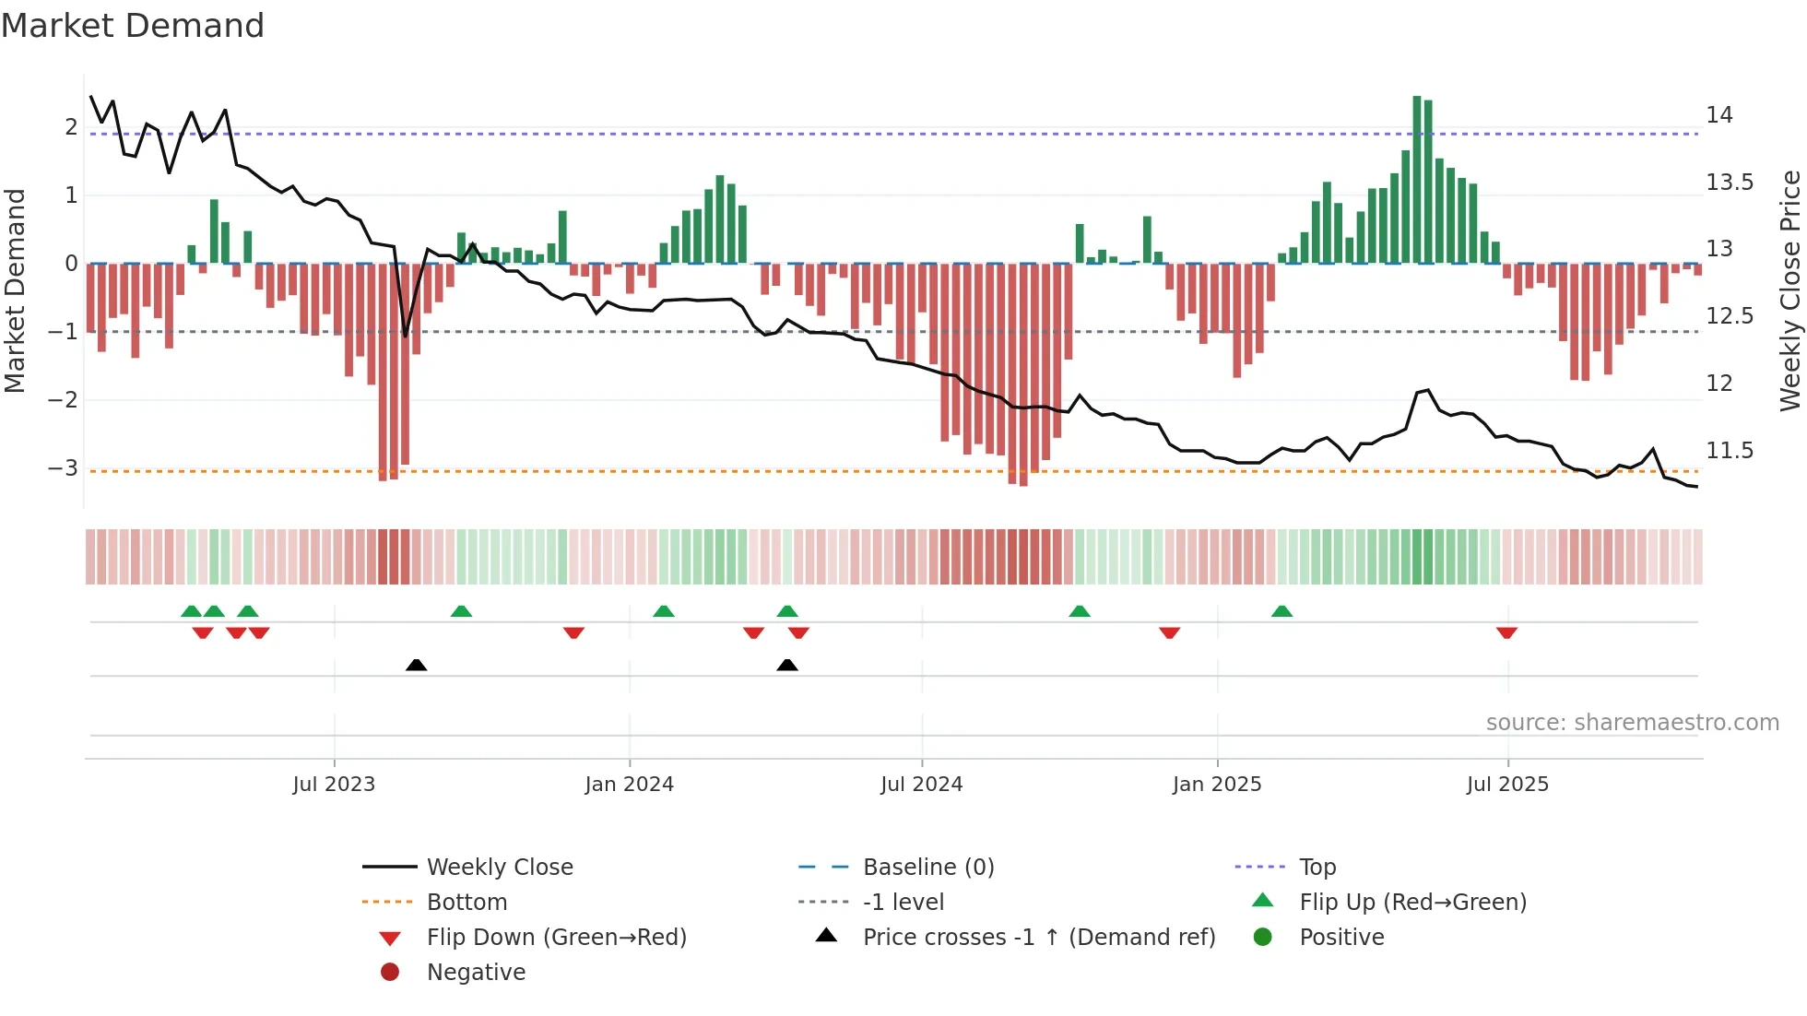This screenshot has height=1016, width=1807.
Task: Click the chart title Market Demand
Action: (x=133, y=26)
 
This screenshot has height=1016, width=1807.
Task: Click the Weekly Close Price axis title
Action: (x=1789, y=290)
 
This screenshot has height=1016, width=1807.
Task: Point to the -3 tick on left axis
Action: (x=64, y=467)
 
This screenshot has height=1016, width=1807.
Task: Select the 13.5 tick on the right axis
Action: (x=1729, y=183)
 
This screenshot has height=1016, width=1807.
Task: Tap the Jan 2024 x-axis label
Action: (x=629, y=785)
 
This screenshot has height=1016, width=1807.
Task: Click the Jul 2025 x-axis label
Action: (x=1507, y=785)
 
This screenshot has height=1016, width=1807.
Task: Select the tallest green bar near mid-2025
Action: (x=1417, y=180)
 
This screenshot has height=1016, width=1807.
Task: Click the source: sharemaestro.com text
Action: (x=1632, y=723)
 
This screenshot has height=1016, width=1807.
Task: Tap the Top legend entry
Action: (x=1317, y=868)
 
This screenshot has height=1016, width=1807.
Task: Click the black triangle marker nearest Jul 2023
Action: (x=416, y=665)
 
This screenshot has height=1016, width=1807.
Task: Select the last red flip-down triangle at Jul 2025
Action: (x=1506, y=632)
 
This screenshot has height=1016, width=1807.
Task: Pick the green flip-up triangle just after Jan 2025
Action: (x=1281, y=611)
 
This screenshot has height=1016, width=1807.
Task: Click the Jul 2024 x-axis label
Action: (x=921, y=785)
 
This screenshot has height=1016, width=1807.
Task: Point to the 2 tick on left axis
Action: (x=71, y=126)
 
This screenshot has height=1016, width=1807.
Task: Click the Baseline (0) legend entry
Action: (x=927, y=868)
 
